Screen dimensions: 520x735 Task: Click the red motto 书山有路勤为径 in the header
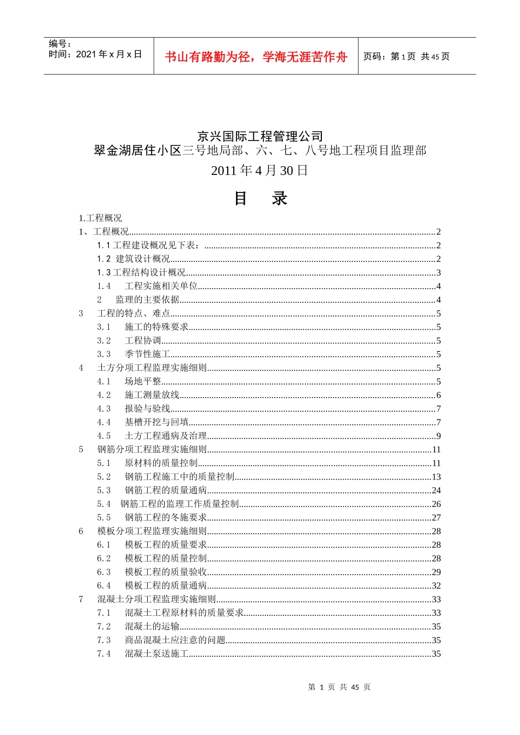(x=256, y=57)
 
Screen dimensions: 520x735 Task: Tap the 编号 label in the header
(x=60, y=44)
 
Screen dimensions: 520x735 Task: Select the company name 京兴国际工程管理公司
(x=260, y=136)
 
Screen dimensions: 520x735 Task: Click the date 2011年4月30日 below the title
(x=260, y=171)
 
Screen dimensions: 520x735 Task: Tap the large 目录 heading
(x=260, y=198)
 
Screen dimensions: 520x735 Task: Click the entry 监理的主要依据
(x=147, y=300)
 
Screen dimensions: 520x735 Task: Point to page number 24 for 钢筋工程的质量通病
(x=436, y=491)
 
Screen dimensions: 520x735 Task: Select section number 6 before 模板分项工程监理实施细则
(x=81, y=531)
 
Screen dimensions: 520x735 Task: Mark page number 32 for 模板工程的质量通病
(x=436, y=586)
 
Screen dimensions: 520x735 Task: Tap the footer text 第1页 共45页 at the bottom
(x=339, y=687)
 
